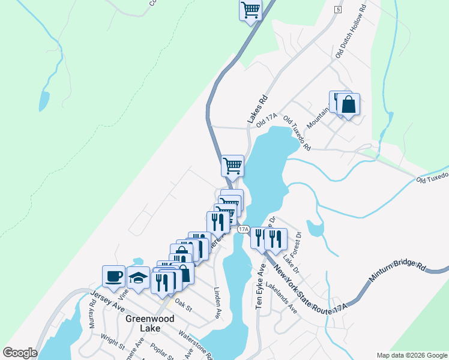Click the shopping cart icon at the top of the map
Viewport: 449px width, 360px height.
pos(250,10)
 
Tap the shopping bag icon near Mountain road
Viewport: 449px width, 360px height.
pos(348,105)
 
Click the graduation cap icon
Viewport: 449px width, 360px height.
pos(139,278)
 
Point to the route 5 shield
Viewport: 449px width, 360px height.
pos(338,10)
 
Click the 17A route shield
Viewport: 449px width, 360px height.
pos(243,229)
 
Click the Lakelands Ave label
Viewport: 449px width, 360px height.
pos(282,299)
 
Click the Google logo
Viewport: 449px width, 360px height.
pos(20,353)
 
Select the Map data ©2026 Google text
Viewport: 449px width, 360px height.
pos(411,355)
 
